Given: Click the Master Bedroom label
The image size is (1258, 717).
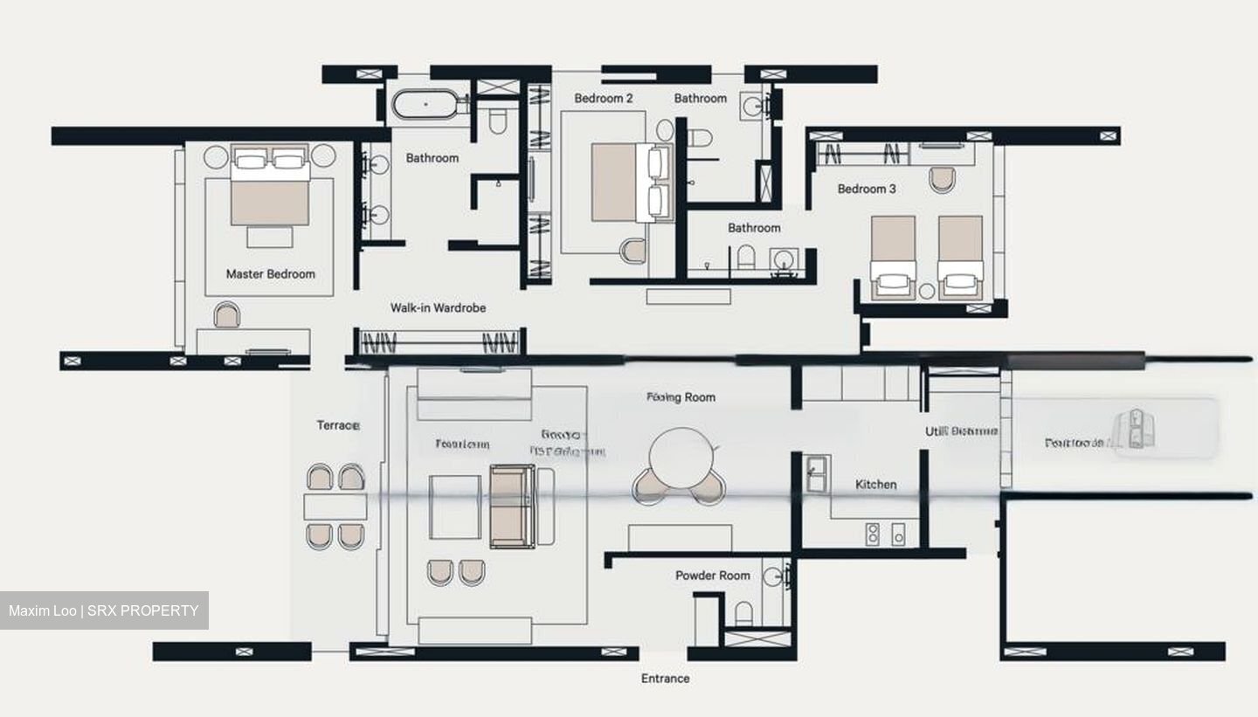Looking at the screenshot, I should (x=270, y=274).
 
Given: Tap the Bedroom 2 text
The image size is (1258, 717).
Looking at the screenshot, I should (x=604, y=99).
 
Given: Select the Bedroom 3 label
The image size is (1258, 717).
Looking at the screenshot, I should (x=866, y=189).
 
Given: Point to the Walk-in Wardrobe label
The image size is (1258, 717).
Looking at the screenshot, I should (x=438, y=308).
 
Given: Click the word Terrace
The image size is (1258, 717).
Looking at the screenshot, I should (x=338, y=425).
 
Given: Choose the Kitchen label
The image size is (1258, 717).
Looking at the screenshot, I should (x=875, y=485).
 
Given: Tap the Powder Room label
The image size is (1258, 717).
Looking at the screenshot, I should (x=712, y=576).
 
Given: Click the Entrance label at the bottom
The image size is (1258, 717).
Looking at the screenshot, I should (x=665, y=679).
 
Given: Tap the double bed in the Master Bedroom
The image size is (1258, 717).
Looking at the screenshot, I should (x=270, y=186).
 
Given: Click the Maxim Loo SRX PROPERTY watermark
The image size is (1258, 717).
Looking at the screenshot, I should (x=104, y=610).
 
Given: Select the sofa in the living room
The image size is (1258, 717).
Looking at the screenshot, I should (x=512, y=506).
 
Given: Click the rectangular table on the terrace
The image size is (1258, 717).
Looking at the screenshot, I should (x=335, y=507).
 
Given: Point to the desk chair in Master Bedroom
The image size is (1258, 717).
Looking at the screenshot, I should (x=226, y=315).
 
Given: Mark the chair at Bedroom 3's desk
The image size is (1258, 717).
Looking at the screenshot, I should (x=942, y=179).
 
